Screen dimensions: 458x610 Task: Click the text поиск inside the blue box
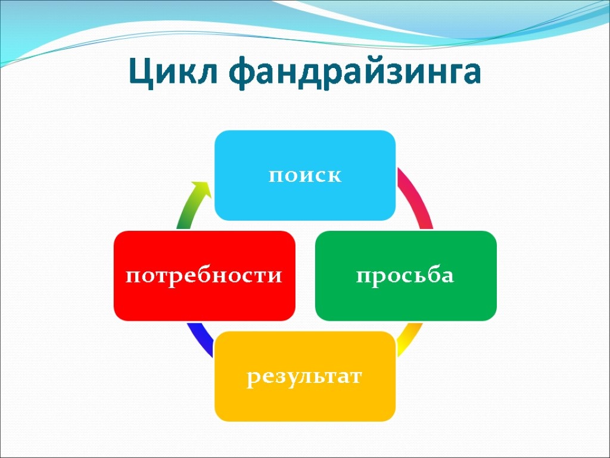305,177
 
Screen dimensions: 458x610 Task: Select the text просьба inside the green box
405,277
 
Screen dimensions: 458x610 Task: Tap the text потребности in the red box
204,277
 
